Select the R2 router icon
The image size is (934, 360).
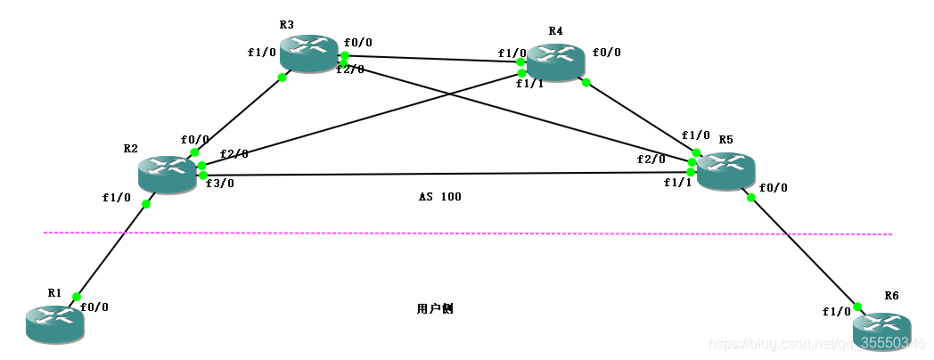[167, 174]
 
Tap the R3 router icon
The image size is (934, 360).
[308, 53]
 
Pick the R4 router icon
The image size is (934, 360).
[555, 62]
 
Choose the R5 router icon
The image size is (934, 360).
[725, 170]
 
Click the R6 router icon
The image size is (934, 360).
[881, 331]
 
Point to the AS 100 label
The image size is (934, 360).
[440, 196]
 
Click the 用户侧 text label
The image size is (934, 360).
[435, 309]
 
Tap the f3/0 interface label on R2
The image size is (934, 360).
[219, 184]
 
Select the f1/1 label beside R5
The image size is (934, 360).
[677, 182]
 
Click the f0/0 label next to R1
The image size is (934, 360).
[94, 307]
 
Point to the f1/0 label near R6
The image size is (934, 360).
[836, 312]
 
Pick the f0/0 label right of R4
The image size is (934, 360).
[606, 53]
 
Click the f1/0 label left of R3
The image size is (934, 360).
[262, 52]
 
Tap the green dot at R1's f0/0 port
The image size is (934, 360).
[77, 297]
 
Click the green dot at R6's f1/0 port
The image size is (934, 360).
[857, 307]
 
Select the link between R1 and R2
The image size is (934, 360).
[111, 250]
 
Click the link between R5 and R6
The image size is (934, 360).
[802, 250]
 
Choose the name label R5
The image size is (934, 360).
[725, 140]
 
